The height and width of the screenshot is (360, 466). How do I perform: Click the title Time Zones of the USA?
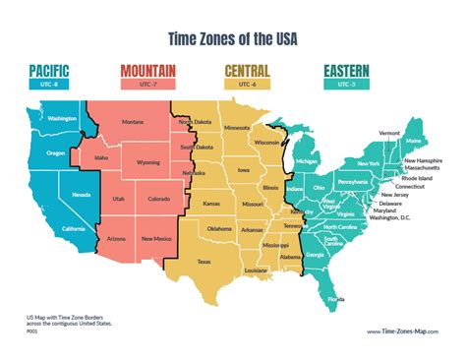233,38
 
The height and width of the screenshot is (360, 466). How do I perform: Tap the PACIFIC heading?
56,71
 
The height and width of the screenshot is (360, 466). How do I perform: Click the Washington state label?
62,118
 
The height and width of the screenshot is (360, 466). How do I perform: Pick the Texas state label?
204,262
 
